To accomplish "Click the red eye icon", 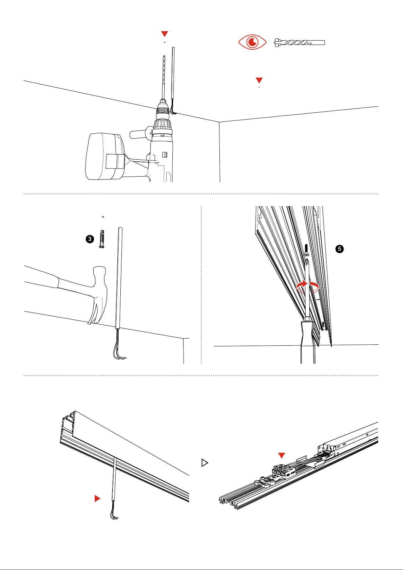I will (252, 42).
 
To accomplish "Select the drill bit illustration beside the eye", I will (300, 43).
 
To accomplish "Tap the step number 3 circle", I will (90, 239).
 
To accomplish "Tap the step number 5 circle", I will (339, 249).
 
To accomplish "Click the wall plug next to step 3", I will (101, 238).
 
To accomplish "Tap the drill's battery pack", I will (101, 156).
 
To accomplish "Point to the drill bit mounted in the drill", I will (163, 76).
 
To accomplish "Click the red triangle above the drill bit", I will (164, 33).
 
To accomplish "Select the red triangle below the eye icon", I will (259, 80).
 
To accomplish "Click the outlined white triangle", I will (204, 463).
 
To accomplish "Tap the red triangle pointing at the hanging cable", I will (97, 498).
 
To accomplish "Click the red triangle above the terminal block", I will (282, 455).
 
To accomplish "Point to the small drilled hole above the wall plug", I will (103, 216).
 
